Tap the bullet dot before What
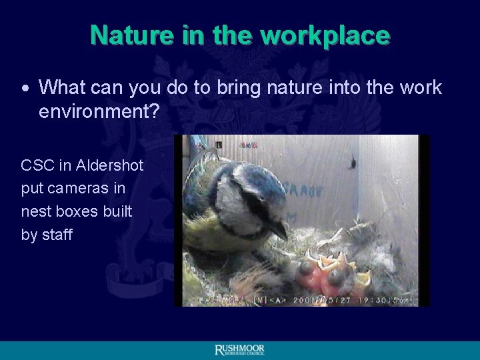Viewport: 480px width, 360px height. tap(25, 89)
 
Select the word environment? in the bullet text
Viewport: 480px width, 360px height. tap(99, 111)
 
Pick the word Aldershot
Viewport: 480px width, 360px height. tap(110, 165)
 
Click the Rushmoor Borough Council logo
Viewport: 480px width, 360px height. tap(240, 350)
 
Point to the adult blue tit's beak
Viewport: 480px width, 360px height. tap(279, 229)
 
